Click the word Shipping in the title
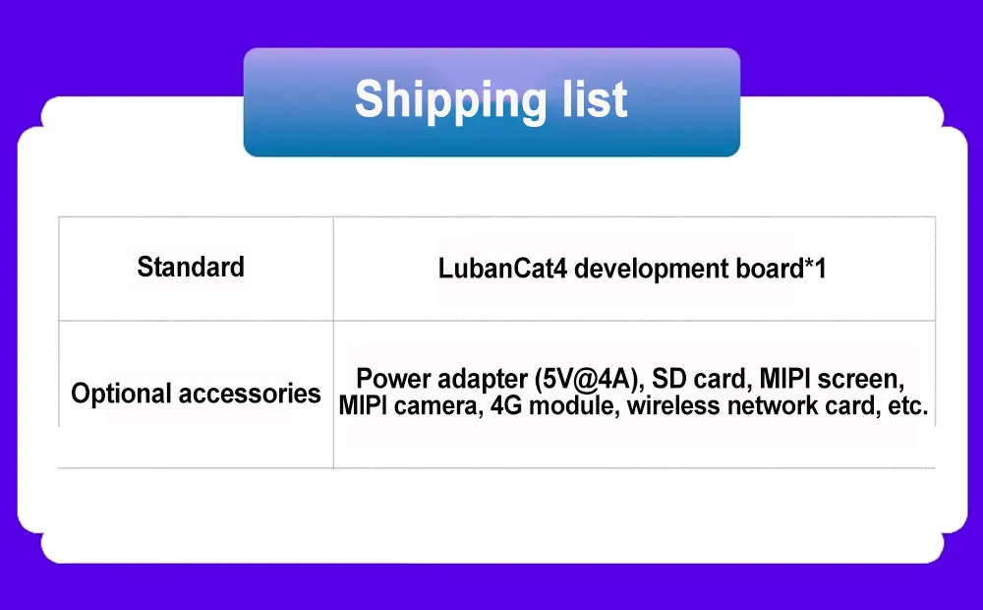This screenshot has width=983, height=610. [450, 100]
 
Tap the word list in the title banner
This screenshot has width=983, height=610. [595, 98]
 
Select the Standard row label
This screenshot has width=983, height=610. [191, 267]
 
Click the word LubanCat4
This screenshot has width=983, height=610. [502, 269]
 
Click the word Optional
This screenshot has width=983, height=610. [121, 395]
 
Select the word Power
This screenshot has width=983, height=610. [393, 379]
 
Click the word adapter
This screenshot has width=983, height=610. [483, 380]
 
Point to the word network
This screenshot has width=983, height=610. [773, 405]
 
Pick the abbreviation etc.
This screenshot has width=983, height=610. [907, 406]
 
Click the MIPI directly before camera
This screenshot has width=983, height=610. [363, 405]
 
